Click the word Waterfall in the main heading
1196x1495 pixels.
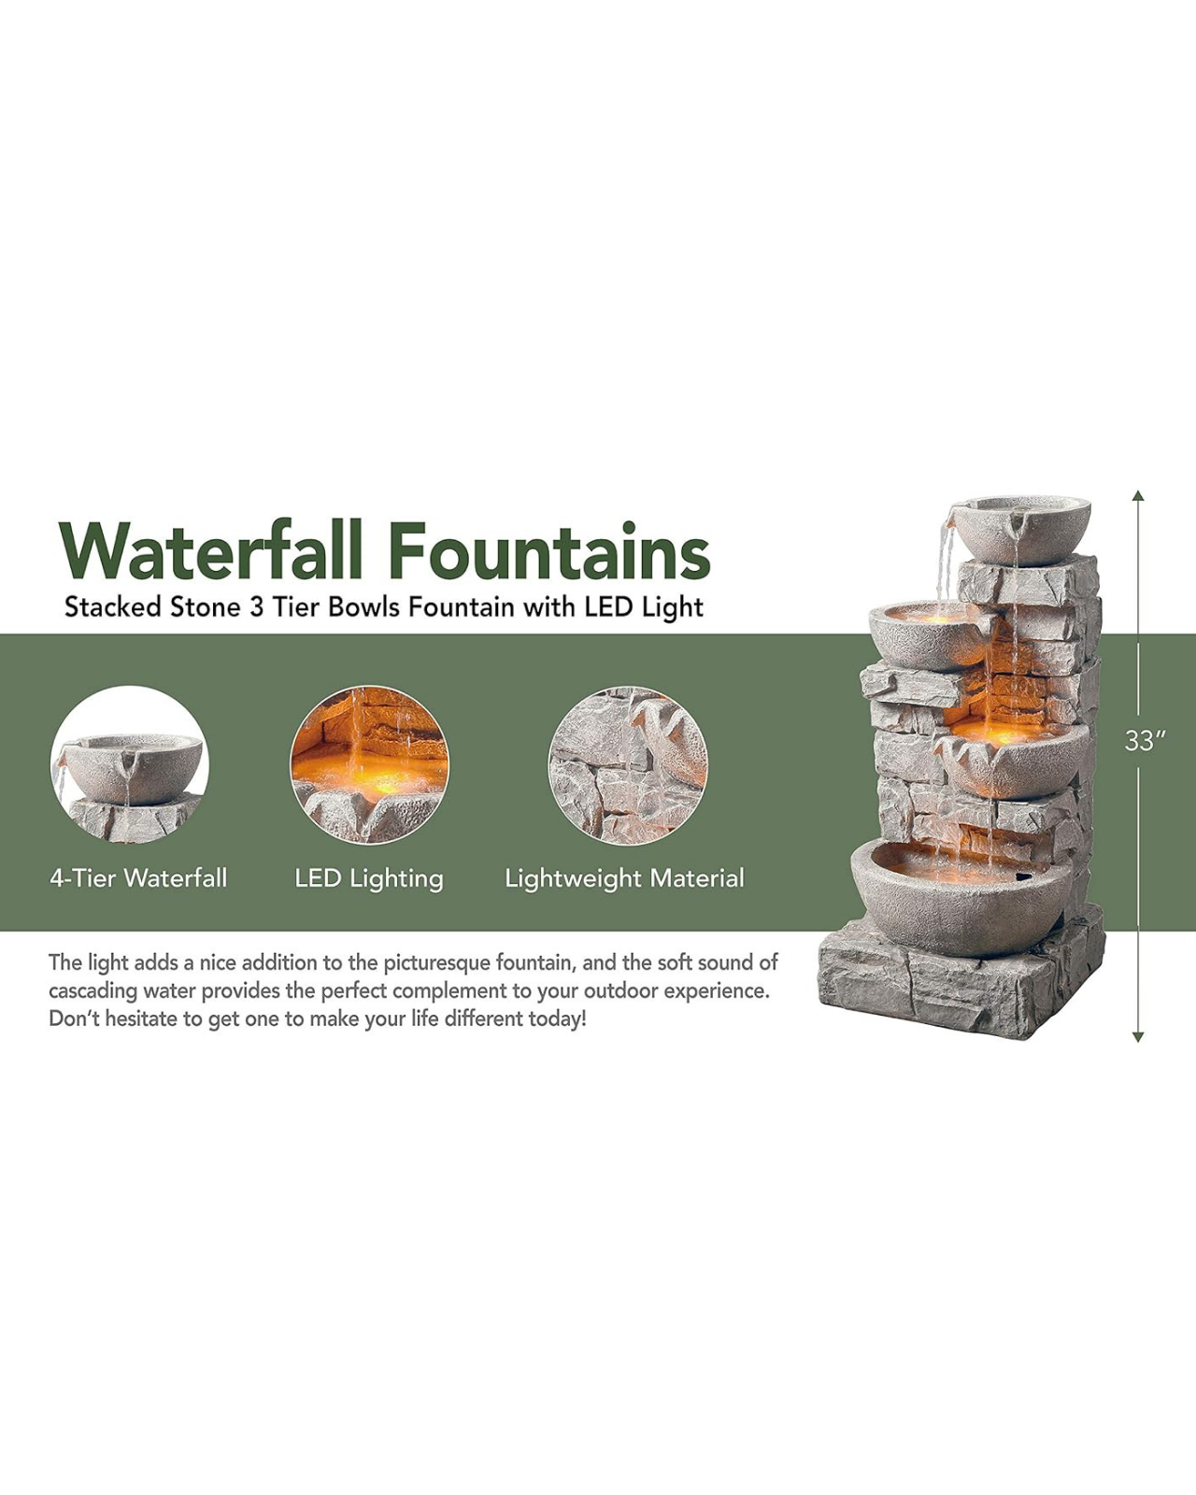[210, 551]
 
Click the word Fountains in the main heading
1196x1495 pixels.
[549, 551]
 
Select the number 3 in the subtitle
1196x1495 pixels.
[256, 607]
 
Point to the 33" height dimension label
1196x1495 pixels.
[1144, 741]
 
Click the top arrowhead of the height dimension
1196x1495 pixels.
[1138, 495]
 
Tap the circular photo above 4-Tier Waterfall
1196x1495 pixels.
[129, 765]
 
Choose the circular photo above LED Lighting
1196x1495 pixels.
[370, 765]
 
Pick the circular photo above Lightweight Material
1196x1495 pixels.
[628, 765]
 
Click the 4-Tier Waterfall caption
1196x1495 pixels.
[138, 878]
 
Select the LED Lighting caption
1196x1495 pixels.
[369, 879]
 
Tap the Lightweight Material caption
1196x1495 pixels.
[624, 879]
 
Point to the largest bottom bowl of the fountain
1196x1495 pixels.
[961, 897]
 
